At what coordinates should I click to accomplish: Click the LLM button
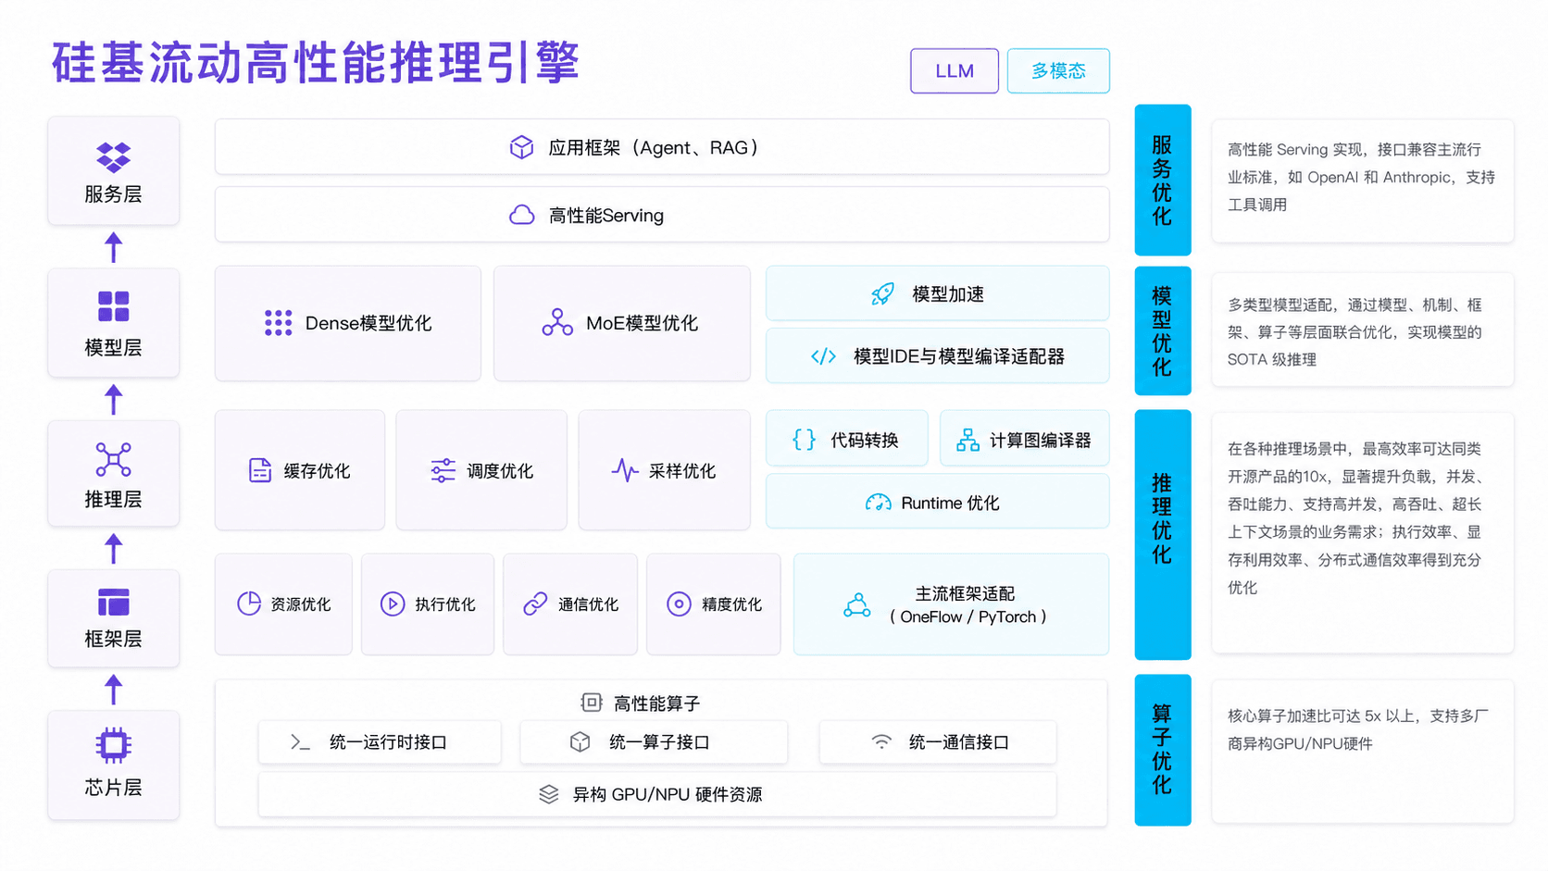click(954, 70)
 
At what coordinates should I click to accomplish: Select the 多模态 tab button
click(1058, 70)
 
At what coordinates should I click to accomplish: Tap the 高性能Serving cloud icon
click(522, 215)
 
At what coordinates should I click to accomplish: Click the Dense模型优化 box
click(347, 323)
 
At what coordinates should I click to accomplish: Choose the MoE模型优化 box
click(622, 323)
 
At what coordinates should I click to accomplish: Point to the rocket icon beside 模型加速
click(882, 293)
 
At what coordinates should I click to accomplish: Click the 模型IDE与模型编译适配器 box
click(937, 355)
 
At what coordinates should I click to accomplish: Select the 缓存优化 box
click(300, 470)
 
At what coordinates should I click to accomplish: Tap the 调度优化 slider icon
click(443, 470)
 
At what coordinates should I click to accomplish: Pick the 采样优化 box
click(664, 470)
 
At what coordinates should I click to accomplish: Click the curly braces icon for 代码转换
click(804, 440)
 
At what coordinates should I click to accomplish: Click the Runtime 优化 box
click(937, 502)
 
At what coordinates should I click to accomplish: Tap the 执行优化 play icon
click(393, 603)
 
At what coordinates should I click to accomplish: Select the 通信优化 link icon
click(535, 603)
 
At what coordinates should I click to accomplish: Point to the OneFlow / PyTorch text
click(967, 616)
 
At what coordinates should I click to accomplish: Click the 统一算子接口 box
click(654, 741)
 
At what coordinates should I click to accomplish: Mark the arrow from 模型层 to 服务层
click(113, 246)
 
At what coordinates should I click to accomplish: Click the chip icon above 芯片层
click(113, 744)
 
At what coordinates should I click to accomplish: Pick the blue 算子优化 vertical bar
click(1162, 750)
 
